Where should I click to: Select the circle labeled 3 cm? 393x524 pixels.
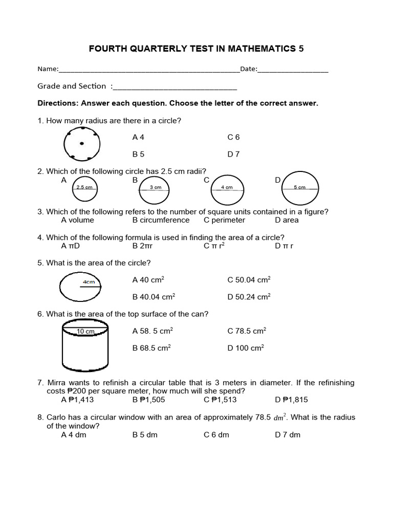click(156, 189)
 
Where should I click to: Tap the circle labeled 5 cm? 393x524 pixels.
click(300, 189)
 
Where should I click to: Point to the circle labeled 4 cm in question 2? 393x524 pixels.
click(227, 189)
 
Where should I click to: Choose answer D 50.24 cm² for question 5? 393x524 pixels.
click(249, 296)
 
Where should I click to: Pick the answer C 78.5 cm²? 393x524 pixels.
click(247, 331)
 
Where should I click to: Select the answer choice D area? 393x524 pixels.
click(287, 220)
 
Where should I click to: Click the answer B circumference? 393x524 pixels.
click(161, 220)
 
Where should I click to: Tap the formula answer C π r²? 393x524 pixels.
click(214, 246)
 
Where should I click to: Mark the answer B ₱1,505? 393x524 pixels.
click(148, 400)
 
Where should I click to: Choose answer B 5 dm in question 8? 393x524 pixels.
click(145, 434)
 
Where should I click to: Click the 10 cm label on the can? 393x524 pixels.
click(85, 332)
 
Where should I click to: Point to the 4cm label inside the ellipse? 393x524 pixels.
click(89, 282)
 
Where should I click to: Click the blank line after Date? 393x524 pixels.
click(293, 70)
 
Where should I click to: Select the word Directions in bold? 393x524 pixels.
click(56, 103)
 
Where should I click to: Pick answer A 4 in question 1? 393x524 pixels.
click(138, 137)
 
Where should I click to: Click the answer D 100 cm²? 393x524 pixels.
click(246, 348)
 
